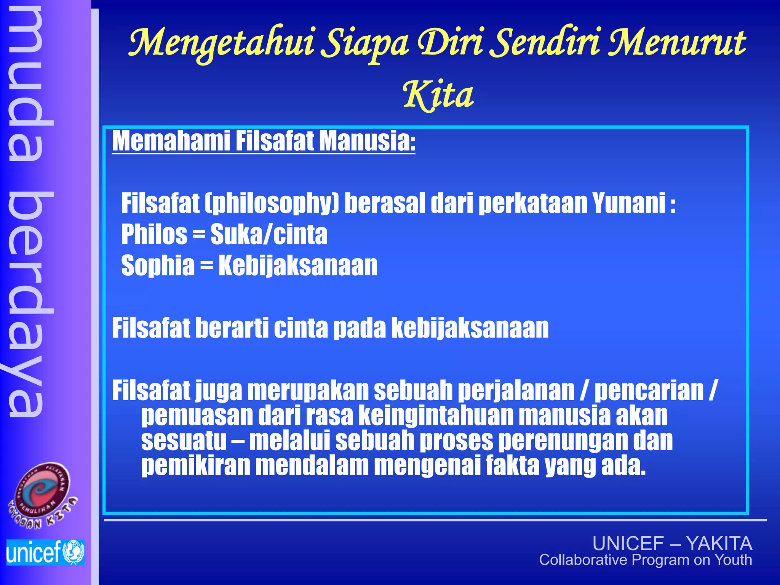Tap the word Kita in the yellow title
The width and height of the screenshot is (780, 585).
(438, 95)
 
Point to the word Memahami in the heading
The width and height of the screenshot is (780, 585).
(171, 141)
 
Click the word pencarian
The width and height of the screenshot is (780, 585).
(649, 391)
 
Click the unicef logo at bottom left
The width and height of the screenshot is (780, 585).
(45, 552)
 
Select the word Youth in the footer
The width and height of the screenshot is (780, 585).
(733, 560)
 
